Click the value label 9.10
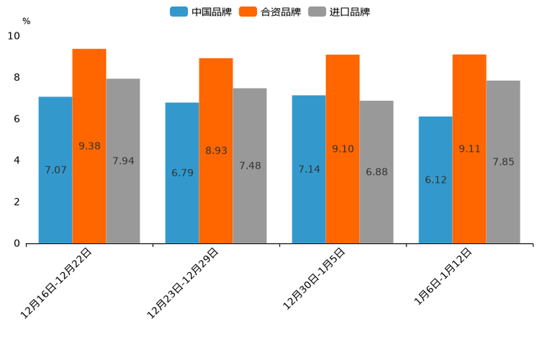coord(343,149)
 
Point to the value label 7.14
coord(309,169)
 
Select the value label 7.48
coord(250,166)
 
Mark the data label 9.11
coord(470,149)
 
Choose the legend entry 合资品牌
coord(280,12)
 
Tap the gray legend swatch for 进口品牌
coord(317,12)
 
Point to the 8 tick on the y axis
coord(17,78)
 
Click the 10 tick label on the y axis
coord(14,36)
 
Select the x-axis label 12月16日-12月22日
coord(57,282)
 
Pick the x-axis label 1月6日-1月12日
coord(443,277)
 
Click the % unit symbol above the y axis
coord(26,21)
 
